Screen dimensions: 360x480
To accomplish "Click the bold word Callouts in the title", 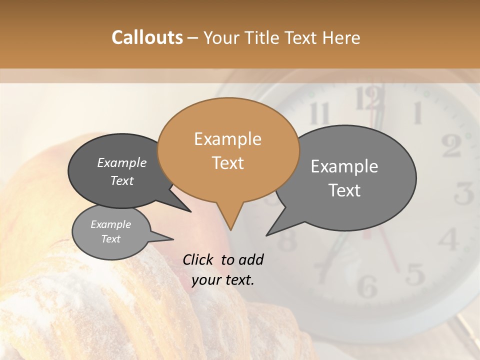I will (147, 37).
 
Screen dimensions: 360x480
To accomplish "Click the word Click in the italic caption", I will (199, 259).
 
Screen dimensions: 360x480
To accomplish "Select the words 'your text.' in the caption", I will (223, 280).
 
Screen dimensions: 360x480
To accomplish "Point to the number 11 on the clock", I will (319, 113).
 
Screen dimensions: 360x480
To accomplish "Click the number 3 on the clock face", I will (464, 193).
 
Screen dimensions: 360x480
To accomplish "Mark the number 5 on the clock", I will (414, 273).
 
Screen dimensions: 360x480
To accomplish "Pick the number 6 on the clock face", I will (367, 287).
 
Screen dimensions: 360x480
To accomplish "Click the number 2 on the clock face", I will (451, 146).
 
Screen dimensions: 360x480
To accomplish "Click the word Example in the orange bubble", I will (227, 139).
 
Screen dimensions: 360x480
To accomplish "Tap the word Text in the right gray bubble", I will (344, 190).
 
